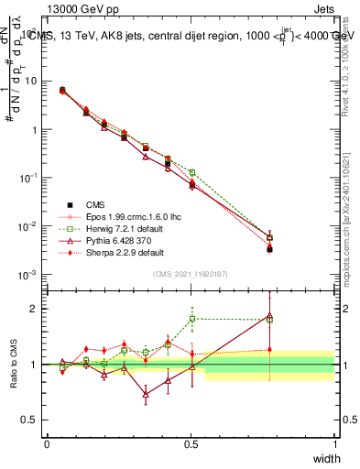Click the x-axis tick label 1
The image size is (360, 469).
click(x=334, y=443)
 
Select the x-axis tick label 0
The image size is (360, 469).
click(x=47, y=443)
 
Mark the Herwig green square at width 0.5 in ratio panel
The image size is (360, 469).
click(x=191, y=319)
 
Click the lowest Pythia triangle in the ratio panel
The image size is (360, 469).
click(x=146, y=396)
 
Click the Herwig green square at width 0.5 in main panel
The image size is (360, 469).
click(x=191, y=172)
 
